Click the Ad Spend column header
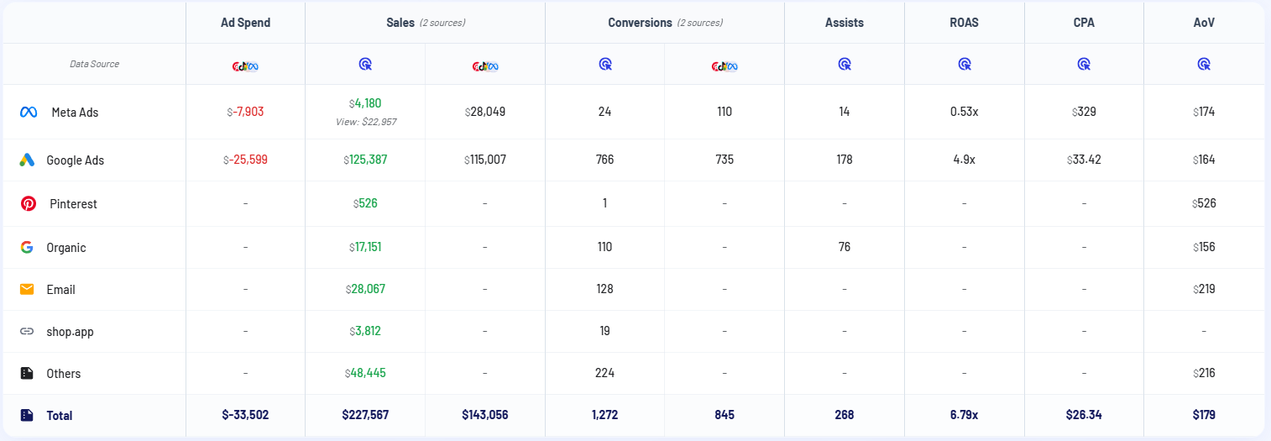click(x=245, y=23)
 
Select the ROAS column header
click(x=964, y=23)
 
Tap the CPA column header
click(x=1084, y=23)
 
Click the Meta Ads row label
click(x=75, y=112)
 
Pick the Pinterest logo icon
click(x=28, y=203)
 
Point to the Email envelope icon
click(x=27, y=289)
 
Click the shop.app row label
click(x=70, y=331)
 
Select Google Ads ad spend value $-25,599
click(x=245, y=160)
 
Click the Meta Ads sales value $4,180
click(x=365, y=103)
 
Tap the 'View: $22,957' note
click(x=365, y=122)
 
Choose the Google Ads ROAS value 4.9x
click(x=963, y=160)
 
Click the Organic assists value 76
click(x=844, y=247)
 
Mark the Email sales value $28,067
click(x=365, y=289)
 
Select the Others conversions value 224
click(x=604, y=373)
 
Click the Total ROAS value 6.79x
click(x=964, y=415)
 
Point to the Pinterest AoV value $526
click(x=1203, y=203)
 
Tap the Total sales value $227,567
click(x=365, y=415)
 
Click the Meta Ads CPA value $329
click(x=1084, y=112)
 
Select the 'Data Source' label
click(x=94, y=64)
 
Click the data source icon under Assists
click(x=845, y=64)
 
